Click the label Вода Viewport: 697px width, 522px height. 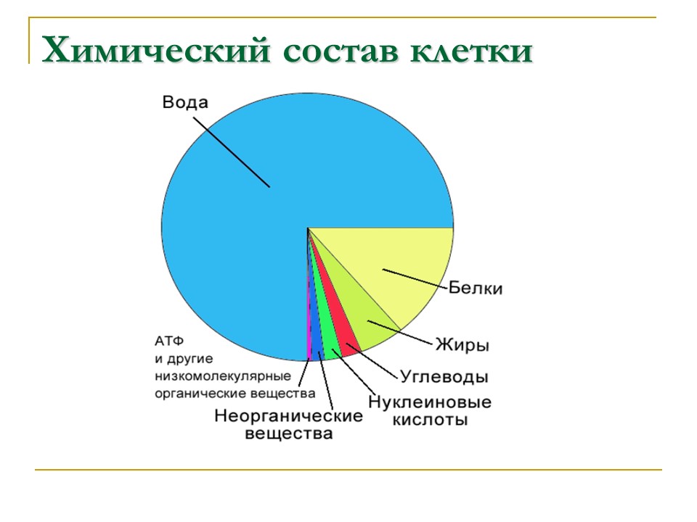click(184, 102)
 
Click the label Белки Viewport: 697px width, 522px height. click(476, 288)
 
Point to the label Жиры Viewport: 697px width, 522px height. click(461, 344)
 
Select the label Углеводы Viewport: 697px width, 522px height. click(444, 377)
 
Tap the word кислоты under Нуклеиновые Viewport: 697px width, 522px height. click(430, 419)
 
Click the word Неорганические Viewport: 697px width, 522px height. click(288, 416)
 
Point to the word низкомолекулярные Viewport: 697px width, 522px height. click(222, 376)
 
